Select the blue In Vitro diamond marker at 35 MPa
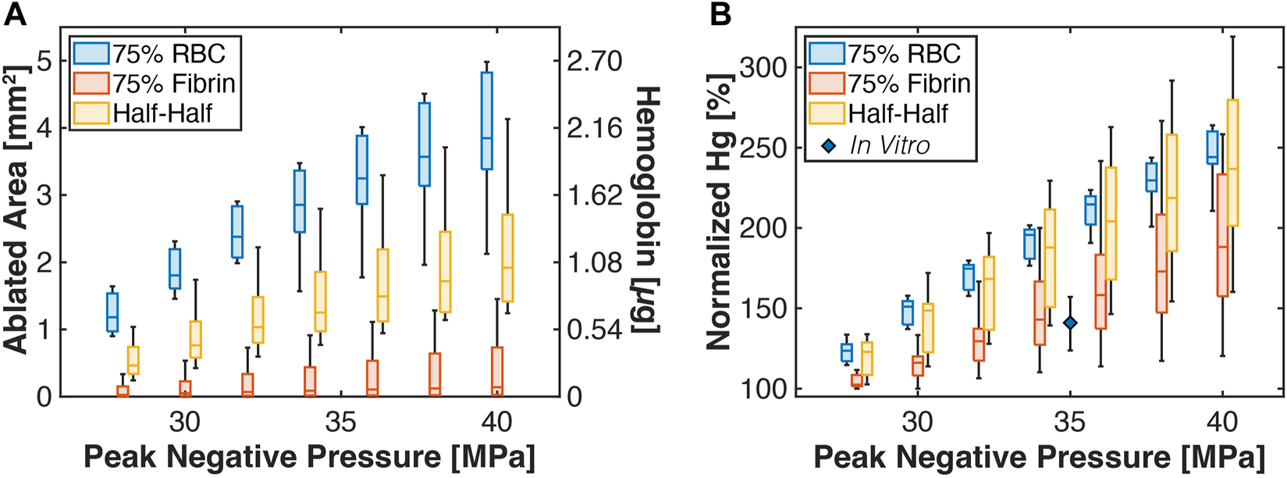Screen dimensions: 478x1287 tap(1070, 323)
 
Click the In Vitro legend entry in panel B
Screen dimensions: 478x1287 tap(890, 145)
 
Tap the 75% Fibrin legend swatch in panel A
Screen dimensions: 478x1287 tap(91, 83)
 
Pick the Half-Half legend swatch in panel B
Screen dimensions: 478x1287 tap(827, 113)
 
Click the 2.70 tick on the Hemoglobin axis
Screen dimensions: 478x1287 tap(594, 61)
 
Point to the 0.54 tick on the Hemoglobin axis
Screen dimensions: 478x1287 tap(594, 330)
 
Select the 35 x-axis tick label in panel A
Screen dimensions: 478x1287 tap(340, 423)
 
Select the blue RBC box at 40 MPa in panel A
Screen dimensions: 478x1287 tap(486, 120)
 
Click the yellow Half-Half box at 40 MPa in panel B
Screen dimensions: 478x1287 tap(1233, 162)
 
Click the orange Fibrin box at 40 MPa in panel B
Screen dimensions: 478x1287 tap(1222, 234)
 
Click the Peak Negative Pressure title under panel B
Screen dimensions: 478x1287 tap(1038, 457)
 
